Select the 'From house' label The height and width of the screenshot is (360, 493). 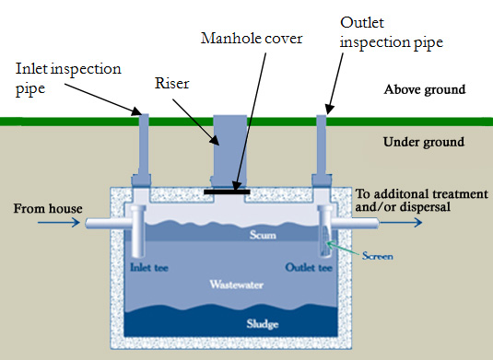click(x=43, y=210)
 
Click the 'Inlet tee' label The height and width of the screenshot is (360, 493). click(x=147, y=269)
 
